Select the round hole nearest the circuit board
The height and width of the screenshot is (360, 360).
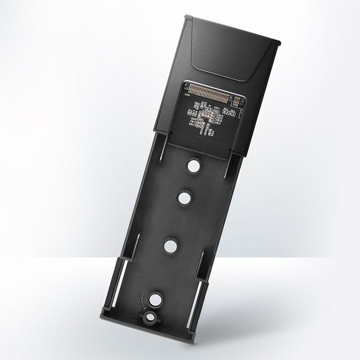(193, 165)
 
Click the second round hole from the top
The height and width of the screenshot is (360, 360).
(184, 197)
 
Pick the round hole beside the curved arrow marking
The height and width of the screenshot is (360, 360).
(156, 299)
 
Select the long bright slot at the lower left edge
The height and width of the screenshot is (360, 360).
(120, 285)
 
